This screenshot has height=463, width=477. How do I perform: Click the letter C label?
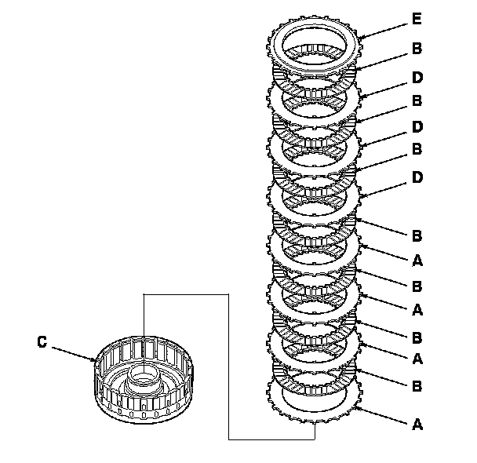[x=42, y=341]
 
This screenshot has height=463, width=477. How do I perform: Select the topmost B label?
[x=417, y=48]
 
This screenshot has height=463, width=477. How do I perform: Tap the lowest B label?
[x=417, y=385]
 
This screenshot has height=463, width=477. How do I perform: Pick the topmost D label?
[x=417, y=77]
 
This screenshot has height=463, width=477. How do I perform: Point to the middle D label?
[x=417, y=126]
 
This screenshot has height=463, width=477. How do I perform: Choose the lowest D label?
[x=417, y=177]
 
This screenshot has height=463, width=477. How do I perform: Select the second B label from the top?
[x=417, y=101]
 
